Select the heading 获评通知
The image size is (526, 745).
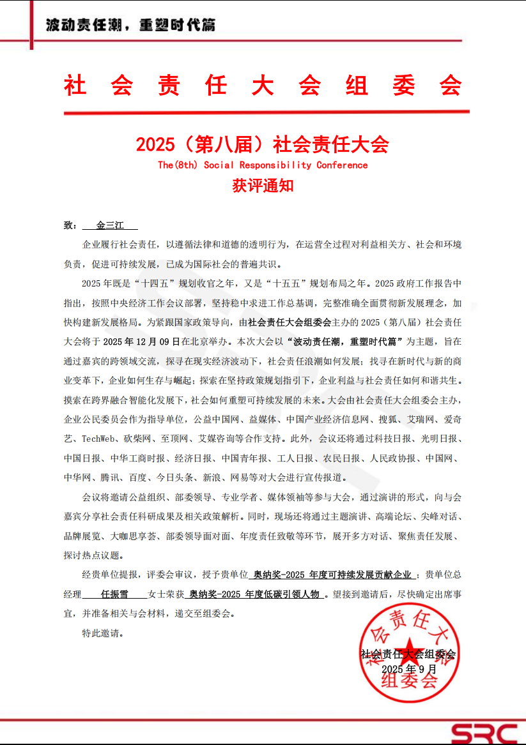coord(263,186)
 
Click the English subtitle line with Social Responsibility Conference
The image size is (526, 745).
coord(263,165)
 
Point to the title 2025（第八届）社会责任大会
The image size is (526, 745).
coord(263,144)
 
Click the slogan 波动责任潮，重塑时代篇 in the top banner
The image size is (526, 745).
coord(130,26)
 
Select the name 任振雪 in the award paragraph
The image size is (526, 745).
coord(114,594)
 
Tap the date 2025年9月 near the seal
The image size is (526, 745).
coord(409,669)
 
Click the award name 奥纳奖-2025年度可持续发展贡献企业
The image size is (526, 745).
coord(332,575)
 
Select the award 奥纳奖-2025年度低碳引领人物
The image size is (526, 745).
coord(254,594)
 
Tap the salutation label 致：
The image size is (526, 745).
coord(70,225)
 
